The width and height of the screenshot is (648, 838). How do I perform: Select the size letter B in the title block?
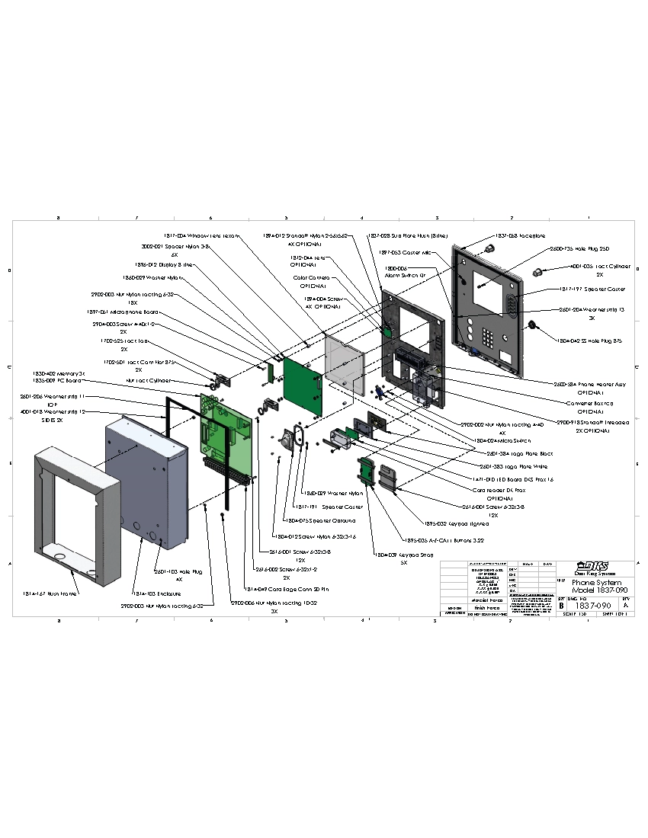[x=562, y=606]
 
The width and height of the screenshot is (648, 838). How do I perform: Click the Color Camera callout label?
[x=312, y=278]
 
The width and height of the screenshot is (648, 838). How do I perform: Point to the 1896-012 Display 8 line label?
[x=168, y=265]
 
